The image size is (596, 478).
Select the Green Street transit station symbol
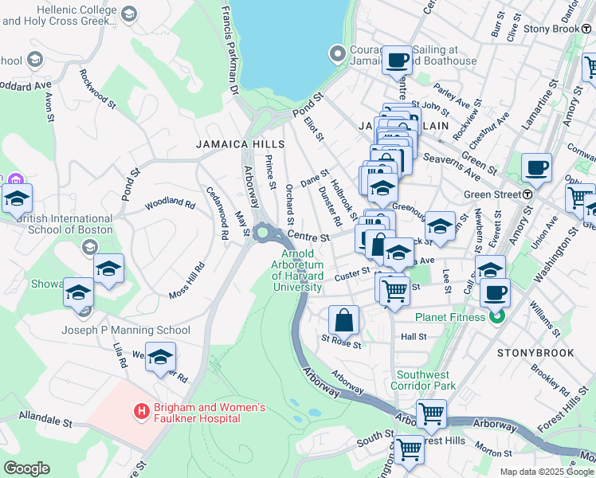[527, 194]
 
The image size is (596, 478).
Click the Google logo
[26, 468]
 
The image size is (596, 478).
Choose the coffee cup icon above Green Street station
[538, 168]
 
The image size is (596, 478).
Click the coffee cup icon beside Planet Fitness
[495, 292]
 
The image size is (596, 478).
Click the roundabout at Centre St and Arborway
[263, 233]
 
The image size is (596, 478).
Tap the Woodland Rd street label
[170, 204]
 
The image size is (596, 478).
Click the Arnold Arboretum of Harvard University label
[297, 270]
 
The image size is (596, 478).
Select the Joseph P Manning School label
[127, 330]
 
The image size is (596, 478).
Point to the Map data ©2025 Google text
[546, 472]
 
